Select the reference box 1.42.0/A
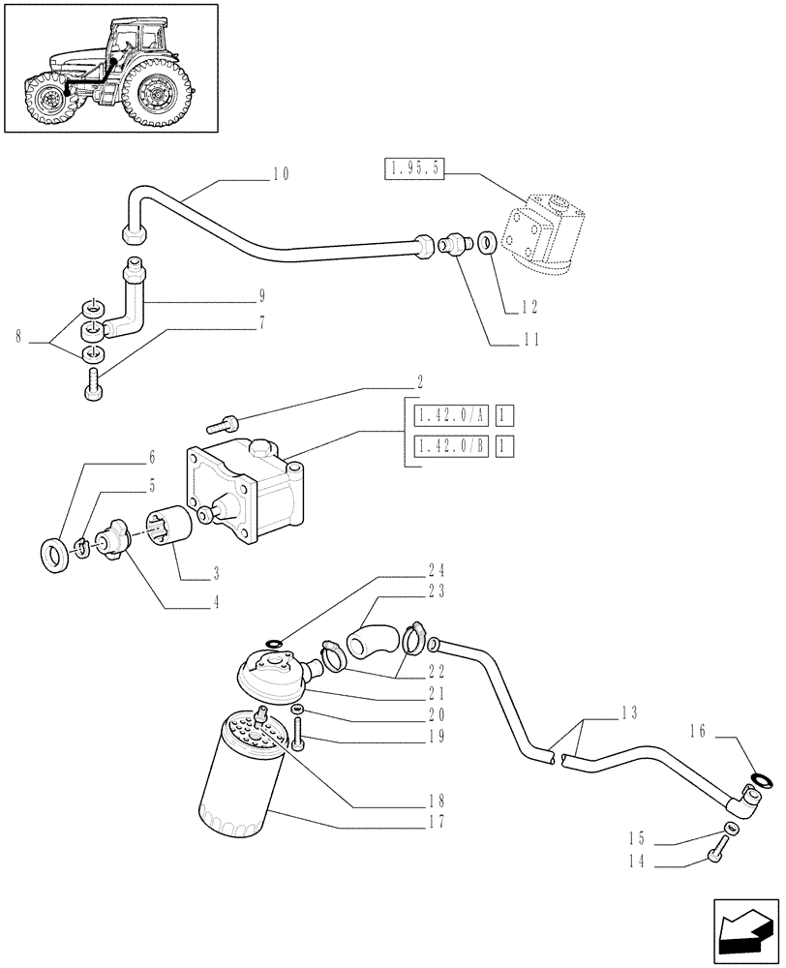451,416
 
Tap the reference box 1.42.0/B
451,446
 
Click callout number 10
281,174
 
